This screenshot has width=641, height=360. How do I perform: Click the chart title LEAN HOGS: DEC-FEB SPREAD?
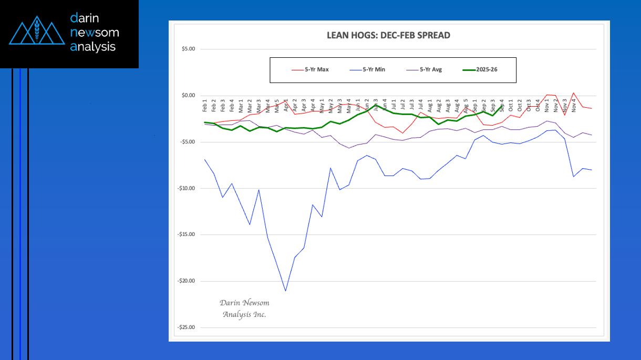(388, 36)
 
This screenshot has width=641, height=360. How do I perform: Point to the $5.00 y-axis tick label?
(188, 49)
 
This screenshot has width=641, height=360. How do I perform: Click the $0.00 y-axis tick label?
(188, 96)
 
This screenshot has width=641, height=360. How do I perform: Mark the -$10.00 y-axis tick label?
(186, 188)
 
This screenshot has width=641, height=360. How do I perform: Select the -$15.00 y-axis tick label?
(186, 234)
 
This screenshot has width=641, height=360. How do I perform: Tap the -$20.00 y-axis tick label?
(186, 281)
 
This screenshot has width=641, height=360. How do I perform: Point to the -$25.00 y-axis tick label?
(186, 327)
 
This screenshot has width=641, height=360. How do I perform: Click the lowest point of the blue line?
(285, 291)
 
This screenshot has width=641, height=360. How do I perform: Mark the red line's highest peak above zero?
(574, 93)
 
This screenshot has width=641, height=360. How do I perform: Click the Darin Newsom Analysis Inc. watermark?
(244, 308)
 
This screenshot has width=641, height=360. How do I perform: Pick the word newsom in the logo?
(95, 33)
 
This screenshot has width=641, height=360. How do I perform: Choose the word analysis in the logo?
(93, 47)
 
